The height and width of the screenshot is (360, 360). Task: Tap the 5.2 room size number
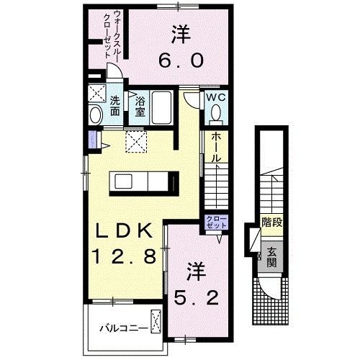click(x=196, y=295)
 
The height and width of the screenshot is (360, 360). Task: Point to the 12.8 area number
click(x=123, y=256)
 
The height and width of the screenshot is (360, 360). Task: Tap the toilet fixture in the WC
click(x=216, y=113)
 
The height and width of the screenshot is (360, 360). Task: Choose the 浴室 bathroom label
click(x=141, y=106)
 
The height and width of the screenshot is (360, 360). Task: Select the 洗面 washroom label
click(x=115, y=107)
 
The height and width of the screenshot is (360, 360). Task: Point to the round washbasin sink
click(x=96, y=114)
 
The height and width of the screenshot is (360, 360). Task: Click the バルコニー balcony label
click(x=124, y=328)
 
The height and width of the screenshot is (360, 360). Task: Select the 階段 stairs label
click(x=271, y=222)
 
